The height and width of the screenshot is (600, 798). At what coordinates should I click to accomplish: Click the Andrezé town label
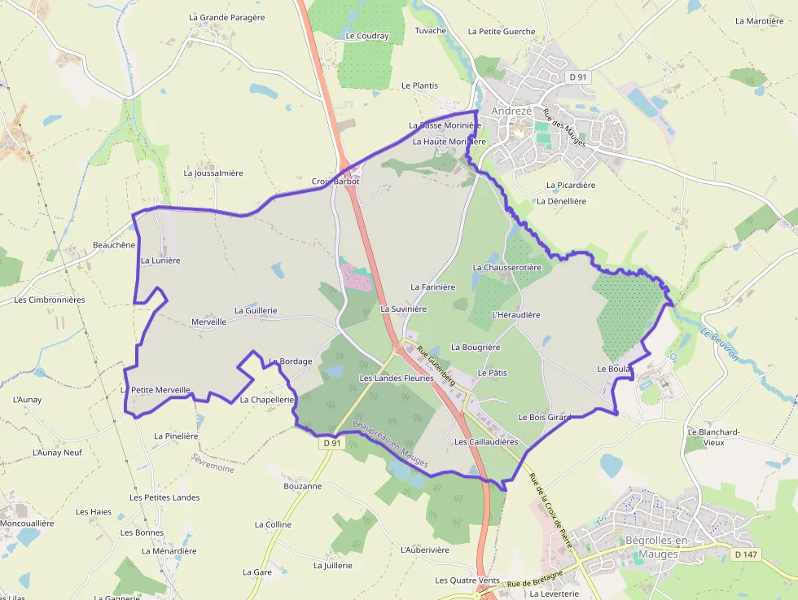pyautogui.click(x=511, y=111)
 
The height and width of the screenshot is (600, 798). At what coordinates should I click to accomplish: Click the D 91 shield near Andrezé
pyautogui.click(x=578, y=77)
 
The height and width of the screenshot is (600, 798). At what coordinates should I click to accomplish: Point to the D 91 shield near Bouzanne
pyautogui.click(x=331, y=443)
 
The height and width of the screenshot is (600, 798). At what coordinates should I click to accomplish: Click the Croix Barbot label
pyautogui.click(x=335, y=181)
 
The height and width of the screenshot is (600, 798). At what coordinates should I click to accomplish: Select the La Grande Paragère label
pyautogui.click(x=226, y=17)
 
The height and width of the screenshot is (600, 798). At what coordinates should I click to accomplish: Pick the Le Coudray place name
pyautogui.click(x=367, y=36)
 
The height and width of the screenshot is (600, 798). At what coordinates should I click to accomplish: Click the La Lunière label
pyautogui.click(x=160, y=261)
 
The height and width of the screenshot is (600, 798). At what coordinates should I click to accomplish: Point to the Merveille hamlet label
pyautogui.click(x=208, y=322)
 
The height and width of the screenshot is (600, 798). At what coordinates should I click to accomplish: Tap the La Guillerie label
pyautogui.click(x=256, y=310)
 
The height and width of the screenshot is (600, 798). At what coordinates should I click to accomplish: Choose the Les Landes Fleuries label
pyautogui.click(x=397, y=378)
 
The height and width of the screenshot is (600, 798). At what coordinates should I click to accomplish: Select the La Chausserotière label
pyautogui.click(x=506, y=267)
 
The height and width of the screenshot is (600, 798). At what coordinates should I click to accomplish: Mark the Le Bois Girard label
pyautogui.click(x=545, y=417)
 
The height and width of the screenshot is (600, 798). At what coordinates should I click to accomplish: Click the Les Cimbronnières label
pyautogui.click(x=50, y=300)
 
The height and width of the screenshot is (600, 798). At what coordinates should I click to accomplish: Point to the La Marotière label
pyautogui.click(x=759, y=21)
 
